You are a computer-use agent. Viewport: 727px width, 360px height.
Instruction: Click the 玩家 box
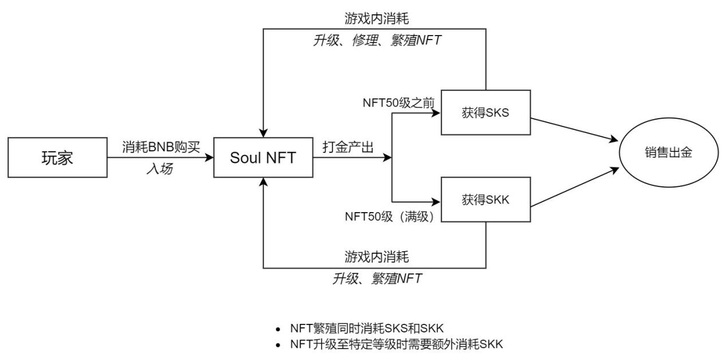coord(57,157)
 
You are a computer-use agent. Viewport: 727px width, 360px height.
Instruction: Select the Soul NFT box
coord(263,157)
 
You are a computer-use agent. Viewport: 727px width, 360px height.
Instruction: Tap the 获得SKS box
coord(485,113)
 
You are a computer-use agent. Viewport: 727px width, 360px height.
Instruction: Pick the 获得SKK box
coord(485,200)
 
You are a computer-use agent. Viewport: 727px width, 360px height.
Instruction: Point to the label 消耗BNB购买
coord(160,147)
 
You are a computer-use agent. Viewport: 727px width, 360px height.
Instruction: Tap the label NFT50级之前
coord(399,103)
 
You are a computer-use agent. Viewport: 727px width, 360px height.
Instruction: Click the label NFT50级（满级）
coord(392,216)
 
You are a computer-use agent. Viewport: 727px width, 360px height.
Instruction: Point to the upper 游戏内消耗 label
coord(376,19)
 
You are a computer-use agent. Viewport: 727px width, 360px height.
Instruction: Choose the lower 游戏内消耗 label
coord(376,256)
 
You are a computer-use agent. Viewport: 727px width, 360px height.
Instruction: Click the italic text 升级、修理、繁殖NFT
coord(376,40)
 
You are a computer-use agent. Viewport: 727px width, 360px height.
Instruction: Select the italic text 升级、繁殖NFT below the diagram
coord(376,279)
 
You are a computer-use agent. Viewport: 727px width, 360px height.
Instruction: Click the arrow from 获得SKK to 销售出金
coord(573,187)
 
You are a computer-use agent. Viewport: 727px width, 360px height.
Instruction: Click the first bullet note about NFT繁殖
coord(367,328)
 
